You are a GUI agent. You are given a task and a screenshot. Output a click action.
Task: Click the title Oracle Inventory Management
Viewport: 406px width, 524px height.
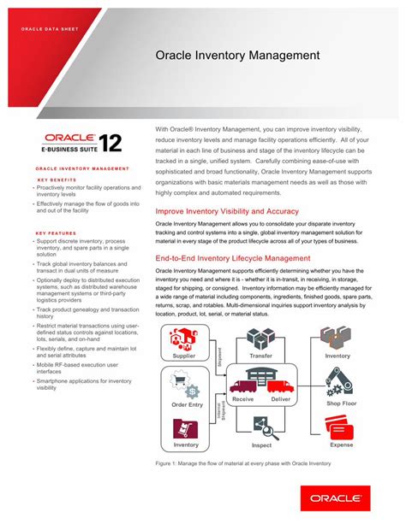point(237,56)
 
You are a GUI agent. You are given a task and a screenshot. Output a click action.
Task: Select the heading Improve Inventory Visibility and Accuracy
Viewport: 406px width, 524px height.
point(227,211)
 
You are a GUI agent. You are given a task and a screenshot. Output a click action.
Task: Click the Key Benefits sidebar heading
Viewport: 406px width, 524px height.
point(57,180)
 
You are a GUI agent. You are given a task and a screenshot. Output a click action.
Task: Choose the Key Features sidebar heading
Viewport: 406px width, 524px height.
point(57,233)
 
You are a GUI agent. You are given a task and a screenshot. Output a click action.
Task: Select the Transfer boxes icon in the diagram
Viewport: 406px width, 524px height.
point(261,338)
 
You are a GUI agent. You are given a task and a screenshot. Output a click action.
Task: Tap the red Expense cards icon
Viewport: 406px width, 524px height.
point(340,427)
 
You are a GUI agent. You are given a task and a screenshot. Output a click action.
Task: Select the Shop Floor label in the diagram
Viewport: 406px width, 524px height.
point(340,403)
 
